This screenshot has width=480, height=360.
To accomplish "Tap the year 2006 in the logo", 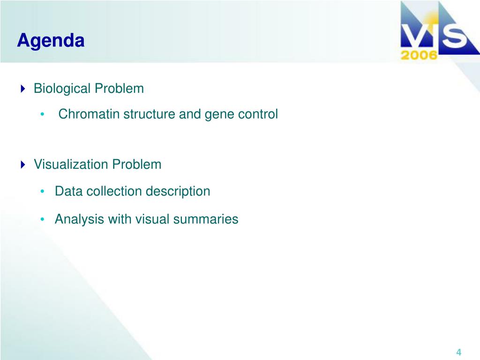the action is [x=419, y=55].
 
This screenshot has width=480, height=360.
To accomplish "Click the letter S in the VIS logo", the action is [x=455, y=37].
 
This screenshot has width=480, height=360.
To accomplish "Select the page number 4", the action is [x=458, y=352].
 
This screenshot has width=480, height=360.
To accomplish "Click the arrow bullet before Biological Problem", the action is [x=23, y=89].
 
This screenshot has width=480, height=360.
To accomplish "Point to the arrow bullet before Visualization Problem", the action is [x=23, y=165].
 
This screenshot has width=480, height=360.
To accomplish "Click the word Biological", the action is [x=62, y=89].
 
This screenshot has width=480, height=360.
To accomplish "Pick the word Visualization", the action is [x=71, y=165].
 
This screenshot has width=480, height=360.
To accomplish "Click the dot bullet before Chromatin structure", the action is [x=43, y=114].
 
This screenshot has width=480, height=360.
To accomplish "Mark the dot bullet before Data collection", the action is [x=43, y=192].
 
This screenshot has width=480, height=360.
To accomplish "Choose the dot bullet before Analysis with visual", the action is [x=43, y=219].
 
